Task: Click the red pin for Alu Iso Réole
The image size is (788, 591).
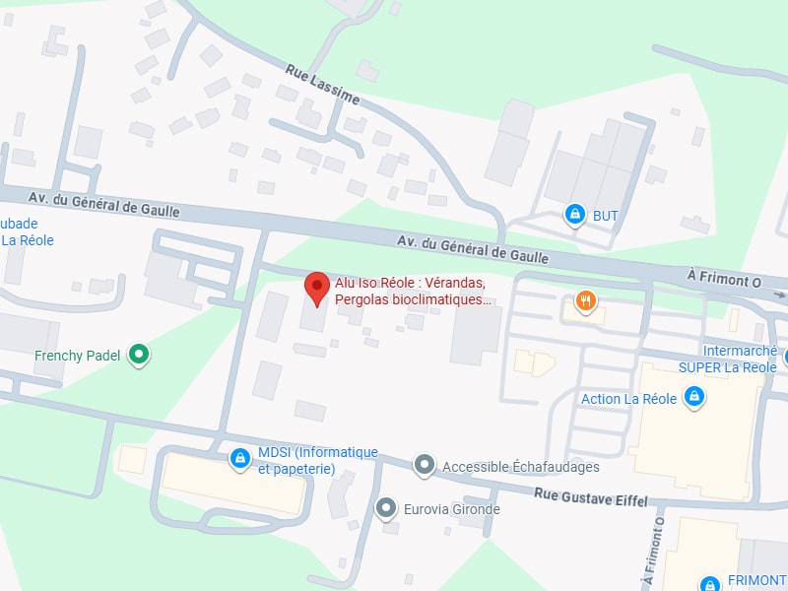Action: pyautogui.click(x=316, y=288)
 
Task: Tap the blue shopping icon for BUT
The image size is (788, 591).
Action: pyautogui.click(x=574, y=214)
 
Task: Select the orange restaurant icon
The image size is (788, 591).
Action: pyautogui.click(x=586, y=300)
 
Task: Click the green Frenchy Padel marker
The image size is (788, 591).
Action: pyautogui.click(x=140, y=355)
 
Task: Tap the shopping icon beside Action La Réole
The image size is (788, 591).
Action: pyautogui.click(x=694, y=397)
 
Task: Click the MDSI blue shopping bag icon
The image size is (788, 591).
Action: pyautogui.click(x=239, y=459)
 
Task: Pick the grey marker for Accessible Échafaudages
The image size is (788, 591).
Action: pyautogui.click(x=425, y=465)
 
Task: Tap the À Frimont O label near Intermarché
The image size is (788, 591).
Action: pyautogui.click(x=725, y=280)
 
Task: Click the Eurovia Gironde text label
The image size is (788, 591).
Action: pyautogui.click(x=452, y=509)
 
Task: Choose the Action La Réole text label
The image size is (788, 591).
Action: pyautogui.click(x=628, y=398)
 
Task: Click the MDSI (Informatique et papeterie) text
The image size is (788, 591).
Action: pyautogui.click(x=317, y=460)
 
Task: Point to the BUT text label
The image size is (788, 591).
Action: pyautogui.click(x=605, y=215)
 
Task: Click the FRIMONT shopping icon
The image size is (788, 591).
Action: pyautogui.click(x=709, y=582)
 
